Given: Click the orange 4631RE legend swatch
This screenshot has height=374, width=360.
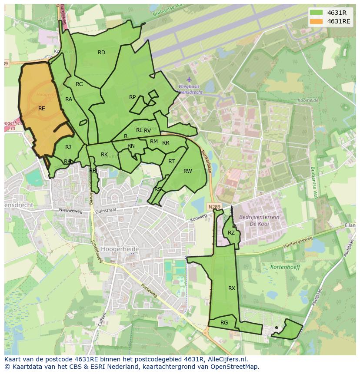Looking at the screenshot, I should pyautogui.click(x=317, y=21).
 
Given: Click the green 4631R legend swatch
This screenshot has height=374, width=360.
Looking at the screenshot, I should pyautogui.click(x=317, y=13).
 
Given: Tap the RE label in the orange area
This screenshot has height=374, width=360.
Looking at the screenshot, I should pyautogui.click(x=42, y=109).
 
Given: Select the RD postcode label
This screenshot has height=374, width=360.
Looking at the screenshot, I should pyautogui.click(x=101, y=53).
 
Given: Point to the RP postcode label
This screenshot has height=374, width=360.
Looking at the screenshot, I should pyautogui.click(x=133, y=97).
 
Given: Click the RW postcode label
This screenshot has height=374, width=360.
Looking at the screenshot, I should pyautogui.click(x=187, y=171).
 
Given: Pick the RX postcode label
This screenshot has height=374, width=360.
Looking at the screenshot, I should pyautogui.click(x=232, y=288).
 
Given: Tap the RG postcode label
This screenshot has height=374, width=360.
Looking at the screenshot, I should pyautogui.click(x=224, y=323).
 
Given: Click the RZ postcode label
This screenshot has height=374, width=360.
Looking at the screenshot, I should pyautogui.click(x=231, y=233).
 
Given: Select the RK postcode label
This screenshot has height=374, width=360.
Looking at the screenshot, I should pyautogui.click(x=104, y=155).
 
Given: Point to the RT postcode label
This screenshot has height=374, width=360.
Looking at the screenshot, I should pyautogui.click(x=171, y=162).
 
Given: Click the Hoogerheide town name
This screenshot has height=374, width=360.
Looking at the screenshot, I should pyautogui.click(x=120, y=249).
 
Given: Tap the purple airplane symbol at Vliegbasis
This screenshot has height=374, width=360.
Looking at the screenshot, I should pyautogui.click(x=189, y=79).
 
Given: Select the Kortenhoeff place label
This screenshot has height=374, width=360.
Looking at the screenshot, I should pyautogui.click(x=285, y=267).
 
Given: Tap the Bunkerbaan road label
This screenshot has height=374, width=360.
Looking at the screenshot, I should pyautogui.click(x=206, y=162).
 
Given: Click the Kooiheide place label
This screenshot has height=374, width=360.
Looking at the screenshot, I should pyautogui.click(x=308, y=100).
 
